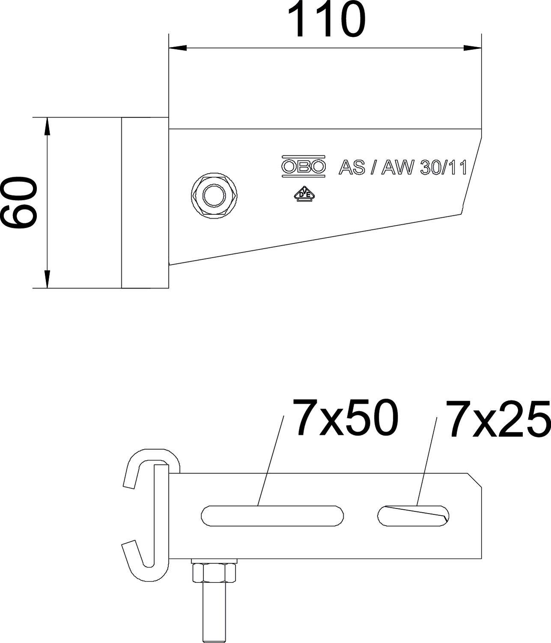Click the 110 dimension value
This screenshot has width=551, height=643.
pyautogui.click(x=326, y=20)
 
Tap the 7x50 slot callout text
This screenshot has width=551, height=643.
pyautogui.click(x=345, y=418)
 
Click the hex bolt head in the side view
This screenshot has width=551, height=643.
pyautogui.click(x=214, y=196)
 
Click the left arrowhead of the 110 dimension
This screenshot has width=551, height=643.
pyautogui.click(x=178, y=48)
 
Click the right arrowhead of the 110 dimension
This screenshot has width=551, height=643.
pyautogui.click(x=473, y=48)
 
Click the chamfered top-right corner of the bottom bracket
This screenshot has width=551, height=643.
pyautogui.click(x=475, y=480)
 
